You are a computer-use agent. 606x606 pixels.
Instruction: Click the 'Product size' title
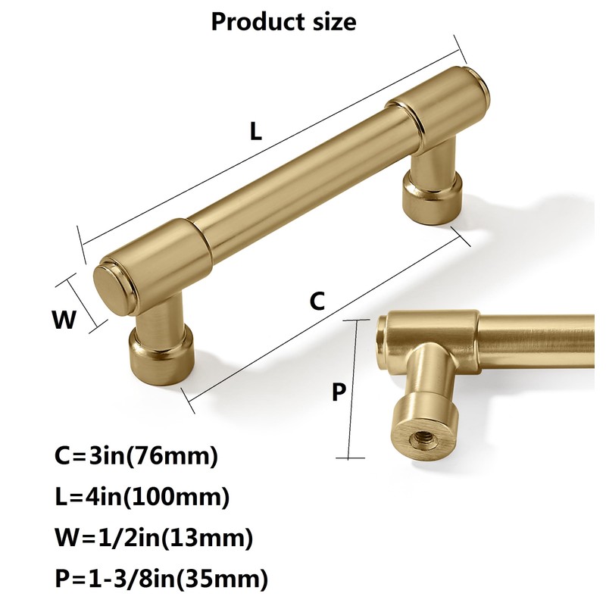283,20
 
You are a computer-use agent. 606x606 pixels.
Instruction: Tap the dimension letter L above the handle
257,132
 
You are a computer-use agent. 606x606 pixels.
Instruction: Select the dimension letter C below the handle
318,301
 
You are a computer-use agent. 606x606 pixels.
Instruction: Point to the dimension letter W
64,320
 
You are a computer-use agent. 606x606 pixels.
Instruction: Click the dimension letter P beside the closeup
339,392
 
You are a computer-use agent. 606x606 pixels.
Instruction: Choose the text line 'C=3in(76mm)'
136,457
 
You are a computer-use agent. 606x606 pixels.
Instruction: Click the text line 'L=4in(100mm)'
142,498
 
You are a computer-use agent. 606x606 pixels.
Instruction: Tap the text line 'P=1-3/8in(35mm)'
162,580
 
